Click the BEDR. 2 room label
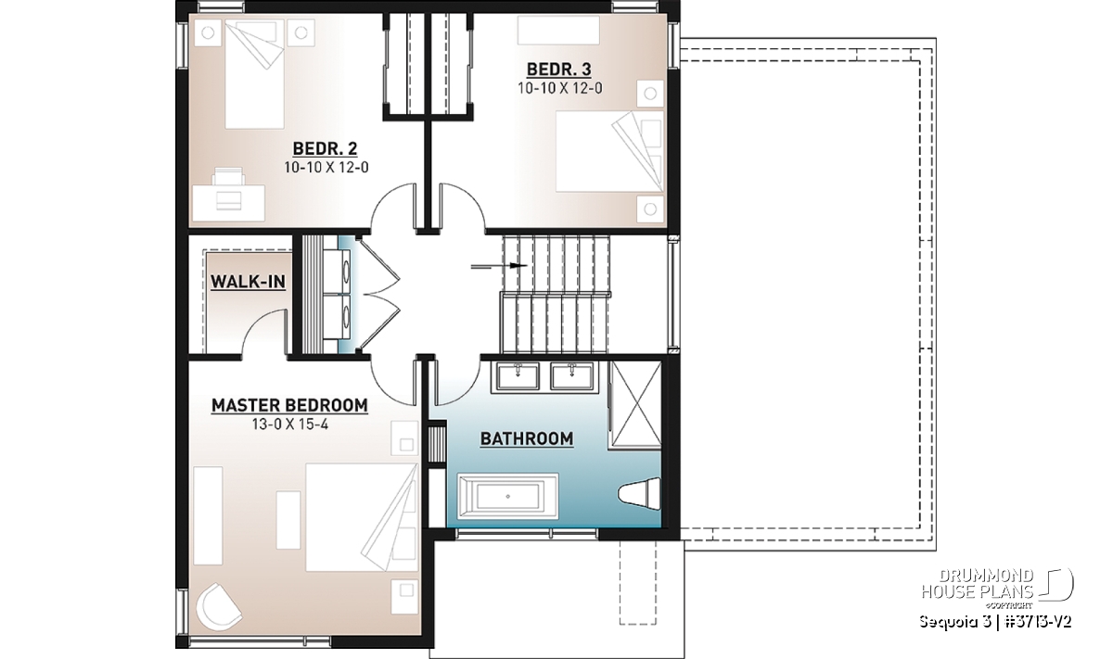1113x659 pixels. point(325,148)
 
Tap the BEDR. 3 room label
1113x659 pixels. point(559,69)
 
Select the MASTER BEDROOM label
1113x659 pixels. point(289,406)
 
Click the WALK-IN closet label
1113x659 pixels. point(248,282)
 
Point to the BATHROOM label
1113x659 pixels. point(527,439)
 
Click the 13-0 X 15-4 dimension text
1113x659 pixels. point(290,425)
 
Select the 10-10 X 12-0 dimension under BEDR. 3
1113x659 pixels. point(559,88)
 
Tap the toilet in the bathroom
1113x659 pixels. point(640,493)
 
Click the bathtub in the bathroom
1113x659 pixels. point(508,497)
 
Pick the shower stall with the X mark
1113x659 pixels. point(635,405)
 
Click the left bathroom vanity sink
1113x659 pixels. point(517,377)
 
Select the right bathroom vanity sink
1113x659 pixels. point(571,377)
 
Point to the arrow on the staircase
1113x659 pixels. point(499,266)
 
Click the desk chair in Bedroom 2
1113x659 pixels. point(229,177)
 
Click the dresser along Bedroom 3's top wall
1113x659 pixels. point(558,31)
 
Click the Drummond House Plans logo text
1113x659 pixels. point(978,584)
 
